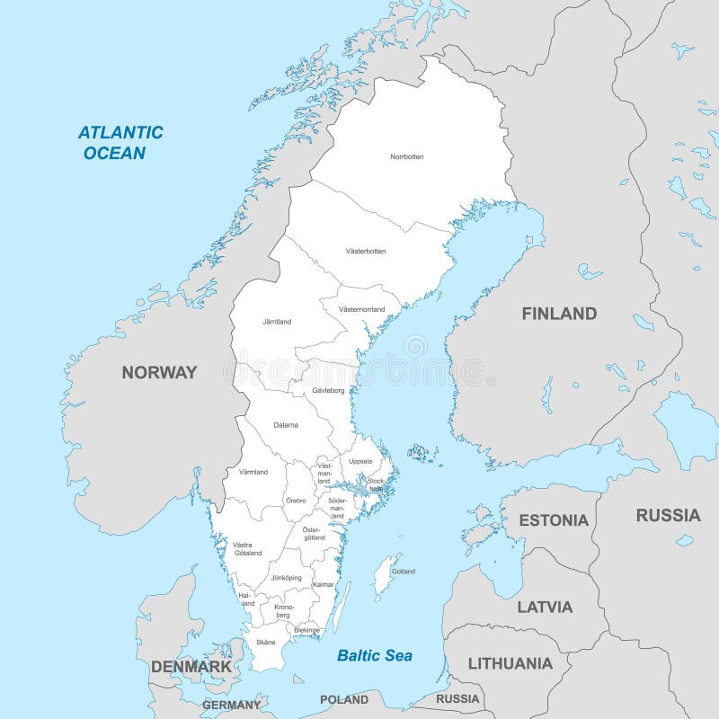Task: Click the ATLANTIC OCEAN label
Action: pos(120,142)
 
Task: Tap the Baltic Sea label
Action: pos(375,655)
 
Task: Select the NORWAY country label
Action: pos(159,372)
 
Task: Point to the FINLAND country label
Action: pos(559,314)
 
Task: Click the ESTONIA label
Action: pos(554,520)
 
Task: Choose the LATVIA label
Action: pos(545,607)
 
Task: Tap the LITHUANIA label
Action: pos(510,664)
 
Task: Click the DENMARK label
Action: pos(191,667)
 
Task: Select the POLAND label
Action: pos(344,699)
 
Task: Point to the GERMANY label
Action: pos(231,705)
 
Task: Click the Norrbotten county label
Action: pos(406,156)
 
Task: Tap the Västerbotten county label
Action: pos(365,251)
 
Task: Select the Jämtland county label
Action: pos(277,321)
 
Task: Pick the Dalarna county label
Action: pos(286,424)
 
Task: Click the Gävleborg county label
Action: pos(329,391)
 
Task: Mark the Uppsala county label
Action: pos(360,461)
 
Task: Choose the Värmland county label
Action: pos(253,472)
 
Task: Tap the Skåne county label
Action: pos(265,642)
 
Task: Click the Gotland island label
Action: pos(404,571)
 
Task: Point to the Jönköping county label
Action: pos(286,577)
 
